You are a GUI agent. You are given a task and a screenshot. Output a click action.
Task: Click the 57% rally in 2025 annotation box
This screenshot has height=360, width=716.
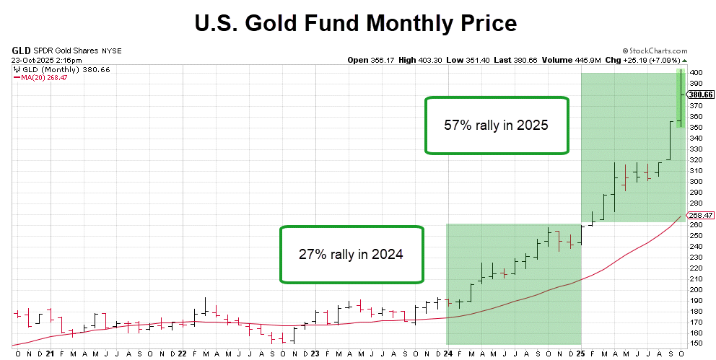point(496,126)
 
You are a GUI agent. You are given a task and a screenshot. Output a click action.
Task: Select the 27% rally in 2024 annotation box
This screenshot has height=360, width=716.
point(351,255)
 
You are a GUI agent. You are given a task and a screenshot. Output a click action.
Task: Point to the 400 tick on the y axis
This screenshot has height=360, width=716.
point(693,73)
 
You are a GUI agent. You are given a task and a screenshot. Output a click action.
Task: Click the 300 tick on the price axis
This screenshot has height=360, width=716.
point(693,181)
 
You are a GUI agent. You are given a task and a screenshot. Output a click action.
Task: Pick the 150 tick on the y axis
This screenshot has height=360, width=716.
point(693,343)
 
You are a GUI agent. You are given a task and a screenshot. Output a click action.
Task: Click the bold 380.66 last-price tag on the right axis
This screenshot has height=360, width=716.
point(700,94)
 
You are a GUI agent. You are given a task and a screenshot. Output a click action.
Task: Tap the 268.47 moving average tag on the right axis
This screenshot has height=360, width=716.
point(699,215)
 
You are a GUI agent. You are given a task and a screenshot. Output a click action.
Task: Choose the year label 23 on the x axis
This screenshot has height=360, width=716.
point(315,354)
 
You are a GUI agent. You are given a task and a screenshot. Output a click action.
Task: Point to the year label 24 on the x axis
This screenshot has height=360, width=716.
point(448,354)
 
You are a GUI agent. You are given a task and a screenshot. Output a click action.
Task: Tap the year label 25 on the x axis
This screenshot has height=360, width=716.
point(581,354)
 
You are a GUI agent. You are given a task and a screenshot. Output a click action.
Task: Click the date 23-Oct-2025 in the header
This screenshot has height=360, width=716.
point(33,60)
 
